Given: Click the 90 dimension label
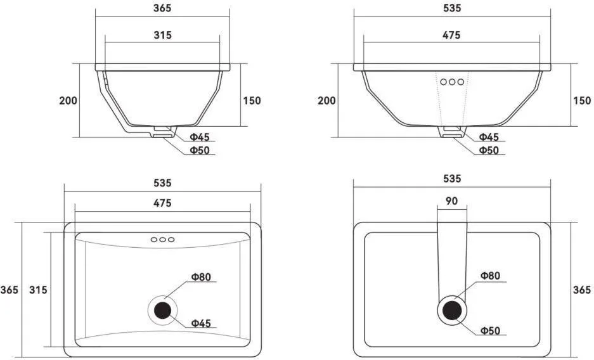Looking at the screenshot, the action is tap(451, 201).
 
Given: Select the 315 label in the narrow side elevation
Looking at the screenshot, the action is tap(162, 35).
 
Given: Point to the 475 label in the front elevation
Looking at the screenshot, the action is tap(451, 35).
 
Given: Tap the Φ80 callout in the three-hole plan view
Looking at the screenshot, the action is tap(201, 277).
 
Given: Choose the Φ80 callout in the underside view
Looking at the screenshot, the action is tap(490, 276).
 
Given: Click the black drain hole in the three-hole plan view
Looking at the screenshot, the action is tap(162, 311).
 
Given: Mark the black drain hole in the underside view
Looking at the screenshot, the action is tap(453, 311).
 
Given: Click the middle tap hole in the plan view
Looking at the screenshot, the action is tap(162, 240).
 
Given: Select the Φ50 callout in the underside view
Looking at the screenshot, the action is tap(490, 331).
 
